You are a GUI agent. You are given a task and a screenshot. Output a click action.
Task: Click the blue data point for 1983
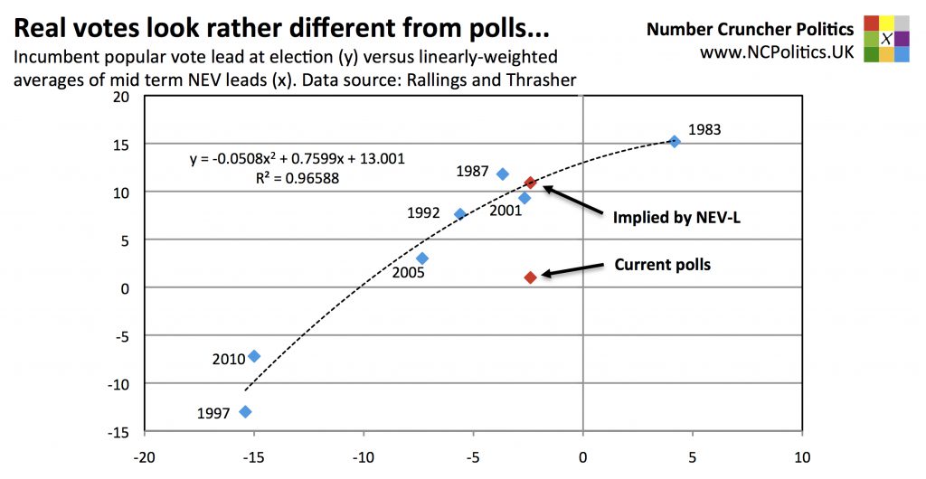674,141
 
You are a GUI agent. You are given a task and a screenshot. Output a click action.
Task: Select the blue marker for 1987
503,174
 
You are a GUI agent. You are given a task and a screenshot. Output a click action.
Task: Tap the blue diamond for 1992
459,214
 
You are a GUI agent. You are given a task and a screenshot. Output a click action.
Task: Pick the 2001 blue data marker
524,198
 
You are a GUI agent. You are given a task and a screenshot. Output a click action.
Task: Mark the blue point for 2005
421,258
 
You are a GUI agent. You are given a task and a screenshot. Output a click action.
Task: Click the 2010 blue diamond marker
254,356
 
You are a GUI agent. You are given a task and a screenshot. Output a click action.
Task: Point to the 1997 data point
245,411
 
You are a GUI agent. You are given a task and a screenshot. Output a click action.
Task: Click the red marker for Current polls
531,277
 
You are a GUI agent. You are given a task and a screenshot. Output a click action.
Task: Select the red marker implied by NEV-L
531,183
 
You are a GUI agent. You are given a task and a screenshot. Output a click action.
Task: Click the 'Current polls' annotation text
662,265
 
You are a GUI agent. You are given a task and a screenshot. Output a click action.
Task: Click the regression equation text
297,159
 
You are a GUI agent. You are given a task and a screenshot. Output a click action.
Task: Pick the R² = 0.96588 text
298,178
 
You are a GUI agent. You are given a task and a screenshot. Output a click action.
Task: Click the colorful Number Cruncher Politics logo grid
886,38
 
